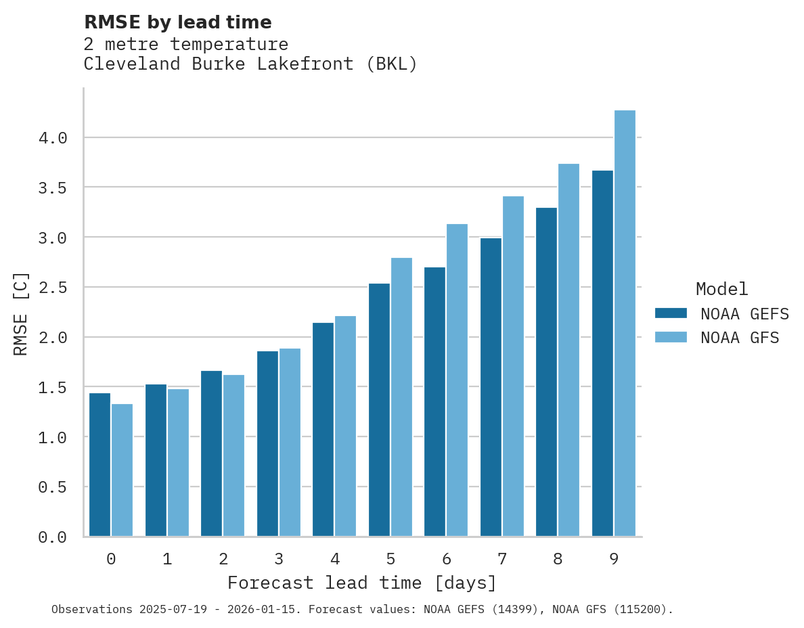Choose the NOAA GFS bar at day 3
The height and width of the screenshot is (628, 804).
pyautogui.click(x=290, y=443)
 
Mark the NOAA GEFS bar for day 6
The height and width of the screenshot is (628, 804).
pyautogui.click(x=435, y=402)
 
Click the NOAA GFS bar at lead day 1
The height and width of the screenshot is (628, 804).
pyautogui.click(x=178, y=463)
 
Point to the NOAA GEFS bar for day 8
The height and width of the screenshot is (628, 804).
pyautogui.click(x=547, y=372)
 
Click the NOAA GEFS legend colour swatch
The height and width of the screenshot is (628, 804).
pyautogui.click(x=671, y=313)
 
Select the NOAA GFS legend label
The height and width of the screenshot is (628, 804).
pyautogui.click(x=740, y=338)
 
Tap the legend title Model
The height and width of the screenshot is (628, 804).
pyautogui.click(x=721, y=290)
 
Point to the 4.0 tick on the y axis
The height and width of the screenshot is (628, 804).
pyautogui.click(x=53, y=138)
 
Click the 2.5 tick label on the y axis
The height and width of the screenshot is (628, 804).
pyautogui.click(x=53, y=288)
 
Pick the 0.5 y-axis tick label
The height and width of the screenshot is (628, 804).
pyautogui.click(x=53, y=487)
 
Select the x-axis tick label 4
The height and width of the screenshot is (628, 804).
pyautogui.click(x=334, y=559)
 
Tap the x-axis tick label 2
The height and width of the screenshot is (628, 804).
pyautogui.click(x=223, y=559)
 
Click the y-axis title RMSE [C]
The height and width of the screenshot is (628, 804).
pyautogui.click(x=21, y=313)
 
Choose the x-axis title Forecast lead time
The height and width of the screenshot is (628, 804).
pyautogui.click(x=362, y=583)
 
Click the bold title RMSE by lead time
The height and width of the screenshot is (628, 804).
pyautogui.click(x=177, y=22)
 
